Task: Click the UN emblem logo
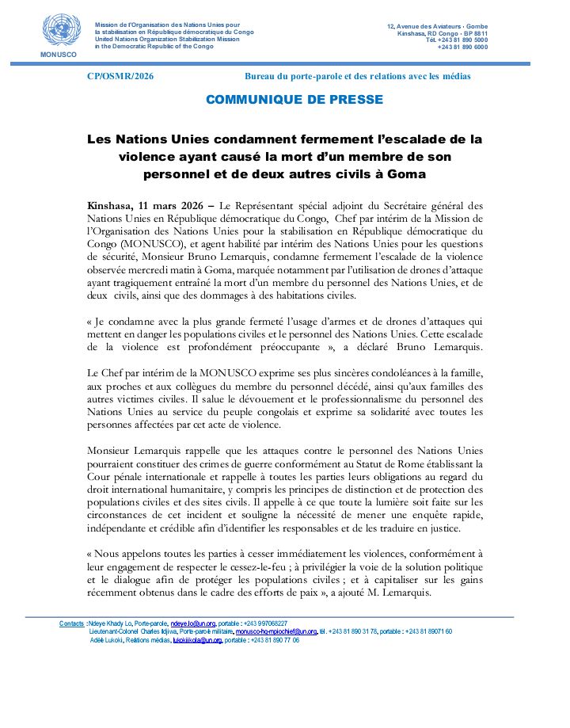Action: pos(56,30)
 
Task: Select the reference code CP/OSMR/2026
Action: pos(120,76)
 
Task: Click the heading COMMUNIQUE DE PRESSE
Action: pos(294,100)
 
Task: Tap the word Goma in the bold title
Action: pos(405,173)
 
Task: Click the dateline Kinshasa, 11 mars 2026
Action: pos(149,205)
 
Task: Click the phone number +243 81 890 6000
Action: pos(462,48)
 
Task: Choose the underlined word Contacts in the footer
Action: pos(71,624)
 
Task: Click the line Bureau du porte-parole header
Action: pos(358,76)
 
